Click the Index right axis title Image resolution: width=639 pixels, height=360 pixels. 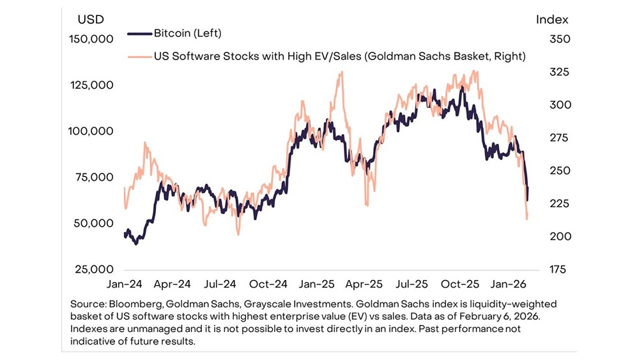tap(551, 20)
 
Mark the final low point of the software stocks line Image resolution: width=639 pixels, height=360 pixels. tap(527, 219)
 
